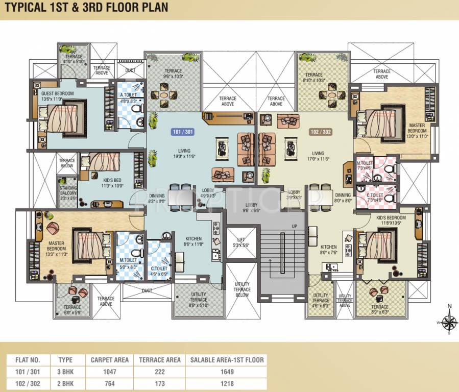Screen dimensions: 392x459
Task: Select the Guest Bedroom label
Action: [58, 96]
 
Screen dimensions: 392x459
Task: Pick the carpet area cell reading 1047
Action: [110, 372]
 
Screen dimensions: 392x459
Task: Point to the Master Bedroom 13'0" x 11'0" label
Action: [417, 130]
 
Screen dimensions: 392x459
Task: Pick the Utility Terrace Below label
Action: [242, 289]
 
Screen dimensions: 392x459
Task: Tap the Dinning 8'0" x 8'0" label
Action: [343, 198]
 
